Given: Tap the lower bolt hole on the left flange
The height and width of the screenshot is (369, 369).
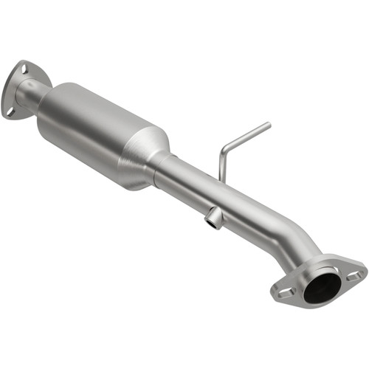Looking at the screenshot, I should [10, 112].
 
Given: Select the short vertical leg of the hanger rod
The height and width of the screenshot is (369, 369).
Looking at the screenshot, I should [221, 165].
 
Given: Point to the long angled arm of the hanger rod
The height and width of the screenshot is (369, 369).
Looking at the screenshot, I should [246, 139].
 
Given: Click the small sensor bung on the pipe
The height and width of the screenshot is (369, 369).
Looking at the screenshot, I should [213, 216].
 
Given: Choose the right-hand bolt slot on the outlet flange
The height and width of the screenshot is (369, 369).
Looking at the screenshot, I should [354, 275].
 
